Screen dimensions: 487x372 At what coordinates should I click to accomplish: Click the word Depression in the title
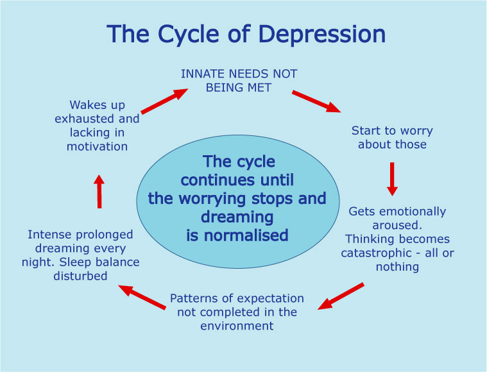coord(322,34)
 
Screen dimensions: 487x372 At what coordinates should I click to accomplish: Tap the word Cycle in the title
coord(188,35)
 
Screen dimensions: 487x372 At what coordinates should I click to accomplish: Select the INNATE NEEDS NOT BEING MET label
coord(239,81)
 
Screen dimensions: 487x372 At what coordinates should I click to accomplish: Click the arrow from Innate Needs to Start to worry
coord(316,101)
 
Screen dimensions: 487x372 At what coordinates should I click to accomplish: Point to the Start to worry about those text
coord(392,137)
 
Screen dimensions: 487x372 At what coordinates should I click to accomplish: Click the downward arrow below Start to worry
coord(392,179)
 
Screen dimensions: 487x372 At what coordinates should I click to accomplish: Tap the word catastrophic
coord(376,253)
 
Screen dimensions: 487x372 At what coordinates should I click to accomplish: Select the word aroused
coord(397,225)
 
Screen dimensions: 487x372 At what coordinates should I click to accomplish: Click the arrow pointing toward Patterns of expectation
coord(341,296)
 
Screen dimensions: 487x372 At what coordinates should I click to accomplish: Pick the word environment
coord(237,326)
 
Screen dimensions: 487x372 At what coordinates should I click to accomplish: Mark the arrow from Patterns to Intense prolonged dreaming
coord(142,297)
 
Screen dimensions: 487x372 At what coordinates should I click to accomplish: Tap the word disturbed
coord(80,276)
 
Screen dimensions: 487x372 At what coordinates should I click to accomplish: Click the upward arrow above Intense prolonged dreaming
coord(99,191)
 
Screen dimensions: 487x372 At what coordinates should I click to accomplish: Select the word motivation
coord(98,146)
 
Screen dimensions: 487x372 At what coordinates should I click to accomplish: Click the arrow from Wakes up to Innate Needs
coord(164,101)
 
